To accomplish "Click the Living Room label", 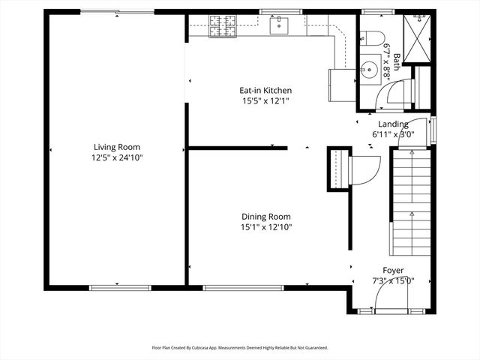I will pyautogui.click(x=116, y=147).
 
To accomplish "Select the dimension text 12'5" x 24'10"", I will pyautogui.click(x=116, y=158).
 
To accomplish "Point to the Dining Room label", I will pyautogui.click(x=265, y=216).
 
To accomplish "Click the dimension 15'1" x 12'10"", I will pyautogui.click(x=265, y=227).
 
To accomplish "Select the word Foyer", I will pyautogui.click(x=393, y=270).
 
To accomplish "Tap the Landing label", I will pyautogui.click(x=393, y=124).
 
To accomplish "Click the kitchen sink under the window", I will pyautogui.click(x=279, y=25).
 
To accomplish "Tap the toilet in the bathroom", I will pyautogui.click(x=371, y=40).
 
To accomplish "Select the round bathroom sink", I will pyautogui.click(x=368, y=72).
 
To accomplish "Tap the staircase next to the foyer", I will pyautogui.click(x=411, y=202).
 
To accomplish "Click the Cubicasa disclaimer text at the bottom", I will pyautogui.click(x=240, y=348).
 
